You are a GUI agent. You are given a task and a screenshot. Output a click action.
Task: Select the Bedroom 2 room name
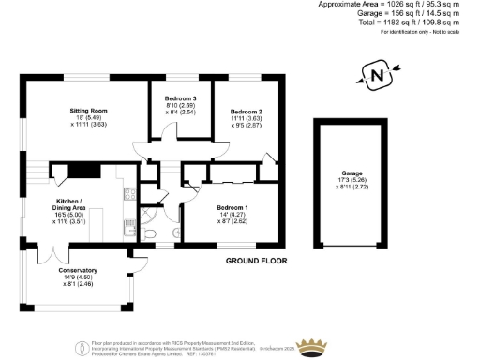point(246,112)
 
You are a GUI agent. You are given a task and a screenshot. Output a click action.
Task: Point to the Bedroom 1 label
point(232,207)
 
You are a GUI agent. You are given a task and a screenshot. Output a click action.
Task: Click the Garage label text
point(352,174)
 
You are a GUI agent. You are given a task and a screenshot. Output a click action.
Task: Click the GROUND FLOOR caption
point(254,261)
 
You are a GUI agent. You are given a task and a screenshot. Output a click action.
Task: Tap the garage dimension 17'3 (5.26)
point(352,181)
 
